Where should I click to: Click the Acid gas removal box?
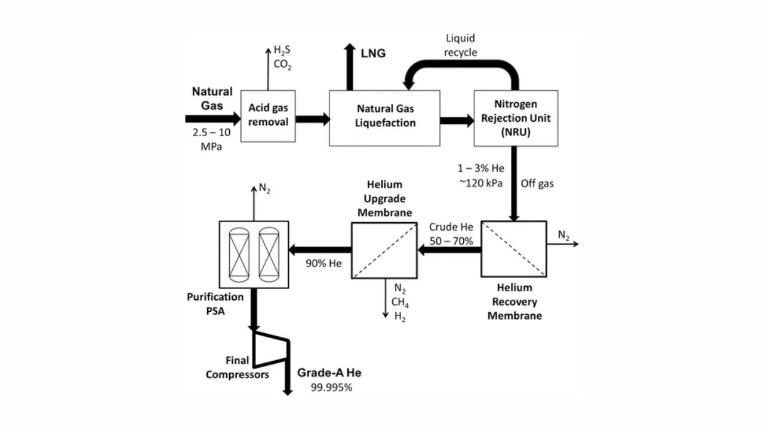(268, 116)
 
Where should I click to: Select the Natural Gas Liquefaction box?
(384, 118)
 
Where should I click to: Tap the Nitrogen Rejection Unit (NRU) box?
(516, 118)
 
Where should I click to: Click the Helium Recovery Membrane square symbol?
(513, 249)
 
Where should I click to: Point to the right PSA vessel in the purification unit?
(269, 254)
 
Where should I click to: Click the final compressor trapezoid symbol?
(272, 349)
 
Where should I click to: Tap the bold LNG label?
(373, 54)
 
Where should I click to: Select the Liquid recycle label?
(461, 45)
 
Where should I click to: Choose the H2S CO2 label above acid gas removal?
(282, 57)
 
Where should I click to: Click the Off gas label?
(537, 183)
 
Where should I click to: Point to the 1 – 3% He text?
(481, 168)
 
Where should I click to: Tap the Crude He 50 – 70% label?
(451, 234)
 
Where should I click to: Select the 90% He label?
(324, 263)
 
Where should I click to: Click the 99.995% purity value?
(331, 387)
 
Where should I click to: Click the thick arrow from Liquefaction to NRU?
(457, 121)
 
